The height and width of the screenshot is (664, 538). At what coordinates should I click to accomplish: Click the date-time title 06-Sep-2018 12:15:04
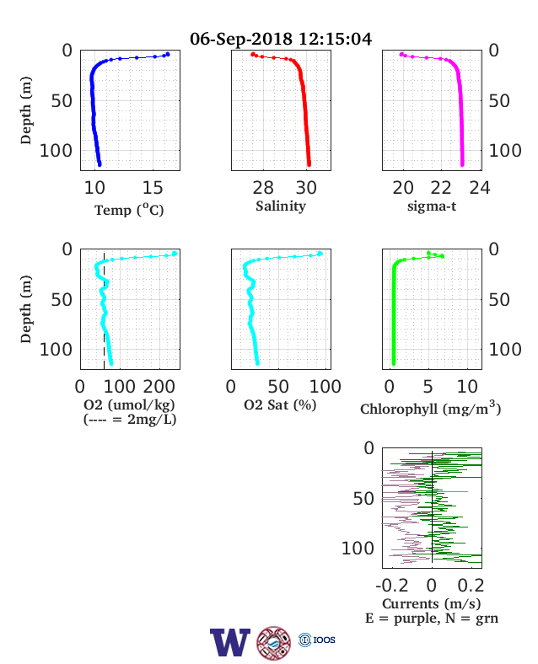[x=281, y=39]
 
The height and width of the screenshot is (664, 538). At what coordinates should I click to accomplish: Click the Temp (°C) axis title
[x=129, y=210]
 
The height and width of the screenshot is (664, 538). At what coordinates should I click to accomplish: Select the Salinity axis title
[x=281, y=206]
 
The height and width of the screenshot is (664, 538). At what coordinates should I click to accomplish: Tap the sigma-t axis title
[x=432, y=206]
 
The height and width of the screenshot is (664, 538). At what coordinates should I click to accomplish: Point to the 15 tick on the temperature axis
[x=153, y=188]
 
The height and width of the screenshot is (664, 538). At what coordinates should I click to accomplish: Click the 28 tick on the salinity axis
[x=263, y=188]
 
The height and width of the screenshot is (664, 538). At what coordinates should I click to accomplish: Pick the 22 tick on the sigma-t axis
[x=441, y=188]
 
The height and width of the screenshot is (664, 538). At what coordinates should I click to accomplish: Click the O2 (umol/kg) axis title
[x=129, y=404]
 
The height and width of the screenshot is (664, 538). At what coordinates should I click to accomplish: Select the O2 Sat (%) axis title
[x=280, y=404]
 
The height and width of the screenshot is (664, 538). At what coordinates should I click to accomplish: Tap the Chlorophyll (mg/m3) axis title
[x=431, y=408]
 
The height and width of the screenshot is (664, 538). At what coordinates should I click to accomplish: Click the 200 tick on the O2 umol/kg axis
[x=159, y=387]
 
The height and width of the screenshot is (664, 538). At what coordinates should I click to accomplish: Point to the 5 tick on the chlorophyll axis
[x=428, y=387]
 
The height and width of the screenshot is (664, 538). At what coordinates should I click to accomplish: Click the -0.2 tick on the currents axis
[x=392, y=586]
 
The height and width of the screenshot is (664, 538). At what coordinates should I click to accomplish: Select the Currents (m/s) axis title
[x=431, y=604]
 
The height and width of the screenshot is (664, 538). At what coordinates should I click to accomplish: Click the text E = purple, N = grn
[x=432, y=618]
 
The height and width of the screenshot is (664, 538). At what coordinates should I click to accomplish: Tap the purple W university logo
[x=230, y=642]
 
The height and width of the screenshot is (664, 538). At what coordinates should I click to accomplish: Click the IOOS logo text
[x=324, y=640]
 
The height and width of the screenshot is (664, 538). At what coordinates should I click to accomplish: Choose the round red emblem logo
[x=274, y=643]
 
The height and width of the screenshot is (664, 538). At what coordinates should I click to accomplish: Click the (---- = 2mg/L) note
[x=130, y=420]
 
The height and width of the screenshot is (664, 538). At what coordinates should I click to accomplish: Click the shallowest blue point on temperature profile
[x=168, y=54]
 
